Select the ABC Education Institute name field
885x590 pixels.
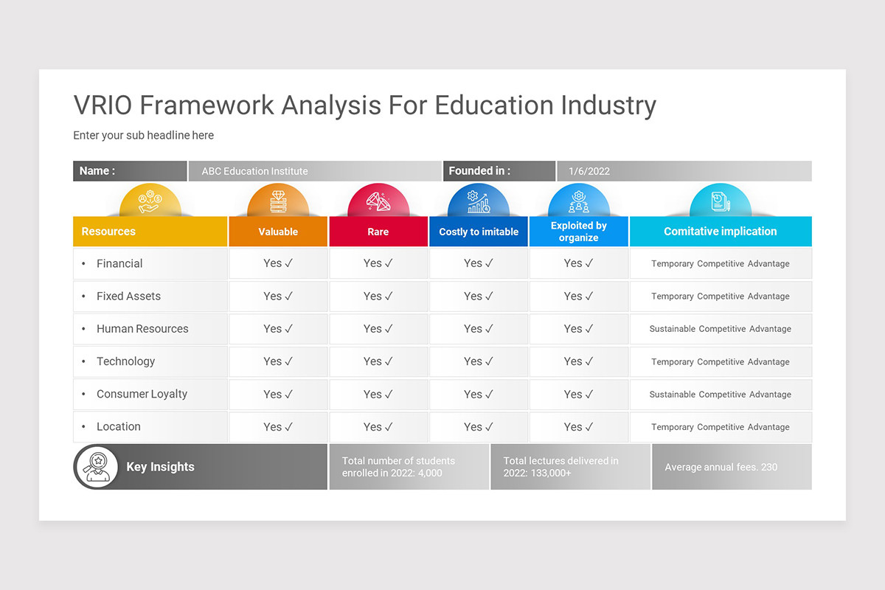pyautogui.click(x=314, y=171)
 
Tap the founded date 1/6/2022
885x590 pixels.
pyautogui.click(x=684, y=171)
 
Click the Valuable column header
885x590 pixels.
pyautogui.click(x=278, y=232)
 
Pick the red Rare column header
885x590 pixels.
pyautogui.click(x=378, y=232)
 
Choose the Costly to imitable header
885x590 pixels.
pyautogui.click(x=479, y=232)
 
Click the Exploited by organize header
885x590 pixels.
pyautogui.click(x=579, y=232)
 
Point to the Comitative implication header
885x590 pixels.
pyautogui.click(x=720, y=232)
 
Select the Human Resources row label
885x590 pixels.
pyautogui.click(x=142, y=329)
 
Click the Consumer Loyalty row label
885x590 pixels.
pyautogui.click(x=142, y=394)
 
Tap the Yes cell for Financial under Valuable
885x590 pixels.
pyautogui.click(x=278, y=263)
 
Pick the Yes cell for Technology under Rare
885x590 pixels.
pyautogui.click(x=378, y=361)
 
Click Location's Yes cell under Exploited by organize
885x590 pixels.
pyautogui.click(x=579, y=427)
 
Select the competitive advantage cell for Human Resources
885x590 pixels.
pyautogui.click(x=720, y=329)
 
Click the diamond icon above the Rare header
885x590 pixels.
pyautogui.click(x=378, y=201)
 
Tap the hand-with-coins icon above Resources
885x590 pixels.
pyautogui.click(x=150, y=201)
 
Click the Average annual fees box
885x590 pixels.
pyautogui.click(x=732, y=467)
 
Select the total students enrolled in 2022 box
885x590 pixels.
pyautogui.click(x=409, y=467)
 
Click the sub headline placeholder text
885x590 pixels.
pyautogui.click(x=143, y=135)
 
